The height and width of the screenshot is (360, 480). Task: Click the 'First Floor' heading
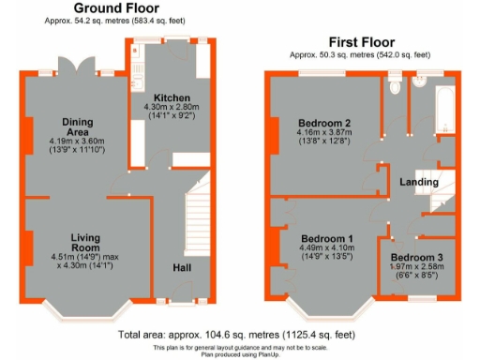(x=360, y=42)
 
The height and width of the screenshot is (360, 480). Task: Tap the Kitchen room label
(x=172, y=97)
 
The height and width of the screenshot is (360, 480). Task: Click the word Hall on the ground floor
(x=183, y=267)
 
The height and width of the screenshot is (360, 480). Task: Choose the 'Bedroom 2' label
(x=324, y=123)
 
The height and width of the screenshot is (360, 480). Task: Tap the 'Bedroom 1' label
(x=324, y=238)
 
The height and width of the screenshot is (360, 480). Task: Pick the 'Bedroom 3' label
(x=417, y=257)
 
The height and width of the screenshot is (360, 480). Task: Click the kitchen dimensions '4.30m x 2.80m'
(x=172, y=108)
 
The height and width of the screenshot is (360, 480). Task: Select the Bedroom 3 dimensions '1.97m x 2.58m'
(x=417, y=267)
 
